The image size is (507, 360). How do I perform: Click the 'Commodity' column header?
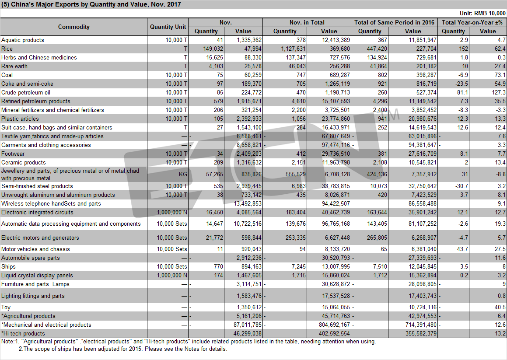click(x=74, y=27)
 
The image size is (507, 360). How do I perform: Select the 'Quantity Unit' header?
click(x=168, y=27)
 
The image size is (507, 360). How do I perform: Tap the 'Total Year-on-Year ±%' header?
click(x=472, y=22)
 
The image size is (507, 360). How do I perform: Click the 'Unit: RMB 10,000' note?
click(x=483, y=13)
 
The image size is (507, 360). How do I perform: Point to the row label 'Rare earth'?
click(x=14, y=66)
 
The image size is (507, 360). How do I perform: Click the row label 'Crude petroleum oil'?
click(x=26, y=92)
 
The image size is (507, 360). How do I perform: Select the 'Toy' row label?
click(x=6, y=307)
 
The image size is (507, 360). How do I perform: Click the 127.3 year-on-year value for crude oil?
click(x=499, y=92)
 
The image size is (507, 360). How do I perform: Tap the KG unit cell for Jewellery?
click(x=183, y=175)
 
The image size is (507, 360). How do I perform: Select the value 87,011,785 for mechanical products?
click(x=247, y=325)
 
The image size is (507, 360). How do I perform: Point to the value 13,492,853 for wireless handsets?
click(x=247, y=204)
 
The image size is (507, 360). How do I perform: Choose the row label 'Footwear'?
click(x=13, y=154)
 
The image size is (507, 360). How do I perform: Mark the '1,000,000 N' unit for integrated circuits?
click(x=172, y=213)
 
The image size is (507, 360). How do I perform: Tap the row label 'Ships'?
click(x=8, y=266)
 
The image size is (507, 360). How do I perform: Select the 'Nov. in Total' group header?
click(x=307, y=22)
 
